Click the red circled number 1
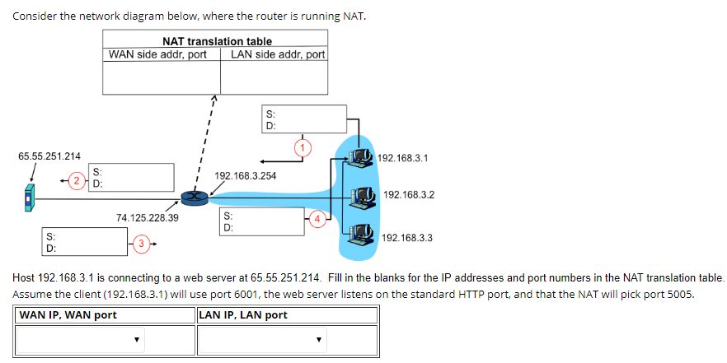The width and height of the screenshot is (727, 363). [303, 148]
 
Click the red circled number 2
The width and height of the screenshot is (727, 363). [76, 179]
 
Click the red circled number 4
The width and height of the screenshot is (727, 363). [318, 218]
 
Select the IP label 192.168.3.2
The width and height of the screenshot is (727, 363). [409, 195]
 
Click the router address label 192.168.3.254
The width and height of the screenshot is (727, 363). [245, 176]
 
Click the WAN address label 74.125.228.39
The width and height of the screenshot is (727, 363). [148, 217]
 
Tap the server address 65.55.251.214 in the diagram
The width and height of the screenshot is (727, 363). [49, 156]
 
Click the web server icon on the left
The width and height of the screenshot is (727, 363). [30, 198]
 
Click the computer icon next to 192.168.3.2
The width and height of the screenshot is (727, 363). [360, 196]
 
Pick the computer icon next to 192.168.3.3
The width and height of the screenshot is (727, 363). [359, 236]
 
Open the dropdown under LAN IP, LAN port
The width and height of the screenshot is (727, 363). [260, 339]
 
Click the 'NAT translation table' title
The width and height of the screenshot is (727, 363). [217, 41]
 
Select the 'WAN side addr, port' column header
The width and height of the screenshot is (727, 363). [157, 54]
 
